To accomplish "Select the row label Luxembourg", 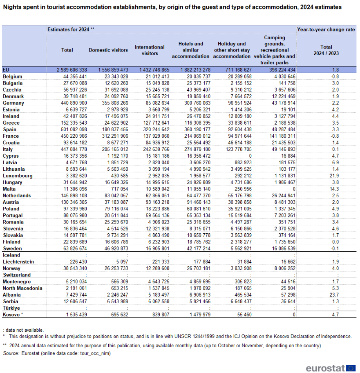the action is [x=18, y=176].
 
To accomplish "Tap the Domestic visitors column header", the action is [x=108, y=50].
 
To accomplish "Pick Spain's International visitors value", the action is [x=154, y=130].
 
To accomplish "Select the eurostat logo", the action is [x=331, y=368].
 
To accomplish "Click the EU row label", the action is [x=6, y=70].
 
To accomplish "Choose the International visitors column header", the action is [x=150, y=50].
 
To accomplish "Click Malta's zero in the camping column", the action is [x=294, y=189].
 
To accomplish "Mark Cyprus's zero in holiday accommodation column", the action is [x=250, y=156].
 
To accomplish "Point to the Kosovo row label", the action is [x=13, y=315].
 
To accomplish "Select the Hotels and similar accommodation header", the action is [x=190, y=50].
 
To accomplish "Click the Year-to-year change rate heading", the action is [x=326, y=29].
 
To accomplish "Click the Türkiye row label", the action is [x=11, y=308].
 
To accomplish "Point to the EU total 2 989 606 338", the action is [x=72, y=70].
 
